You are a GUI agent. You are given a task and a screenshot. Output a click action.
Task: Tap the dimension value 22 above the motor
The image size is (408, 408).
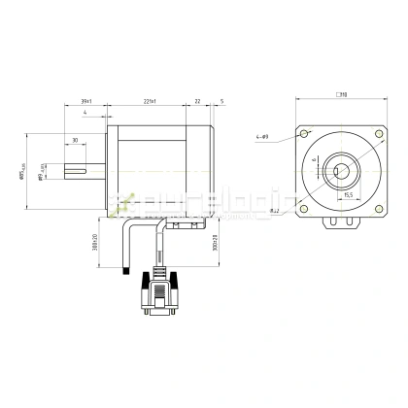point(197,101)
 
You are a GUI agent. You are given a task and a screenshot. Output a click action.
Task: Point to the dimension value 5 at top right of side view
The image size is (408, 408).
point(221,101)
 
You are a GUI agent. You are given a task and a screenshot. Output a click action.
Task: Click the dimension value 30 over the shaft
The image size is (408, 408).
point(75,141)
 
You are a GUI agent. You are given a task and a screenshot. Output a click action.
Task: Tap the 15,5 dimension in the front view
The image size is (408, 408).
point(347,194)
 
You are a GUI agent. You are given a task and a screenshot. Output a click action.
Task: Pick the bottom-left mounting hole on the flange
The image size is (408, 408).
point(307,206)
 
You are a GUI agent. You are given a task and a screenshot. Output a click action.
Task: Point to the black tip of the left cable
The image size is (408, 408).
point(123,273)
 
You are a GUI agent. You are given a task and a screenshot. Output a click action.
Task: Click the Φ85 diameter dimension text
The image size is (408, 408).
point(21,174)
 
